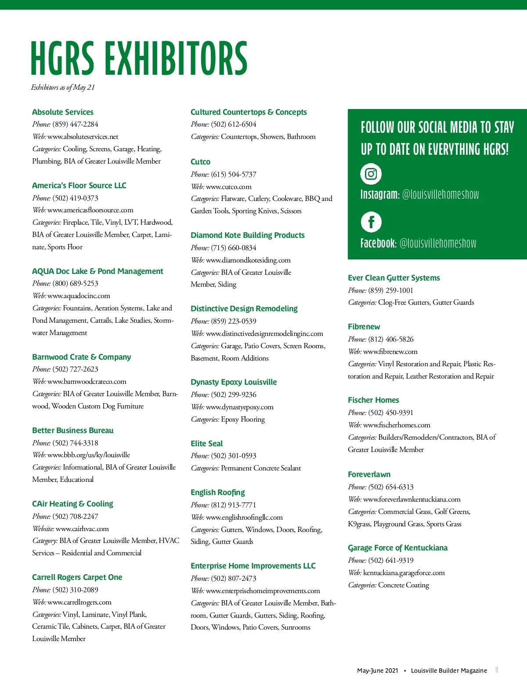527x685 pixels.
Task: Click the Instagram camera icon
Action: click(371, 174)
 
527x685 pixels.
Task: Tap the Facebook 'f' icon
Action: click(371, 222)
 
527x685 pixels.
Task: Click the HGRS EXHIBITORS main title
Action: click(139, 58)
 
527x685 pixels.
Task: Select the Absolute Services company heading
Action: click(63, 112)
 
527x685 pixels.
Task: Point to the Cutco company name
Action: click(200, 162)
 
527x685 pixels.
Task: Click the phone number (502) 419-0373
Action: click(75, 198)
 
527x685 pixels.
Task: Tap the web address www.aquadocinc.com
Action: click(79, 296)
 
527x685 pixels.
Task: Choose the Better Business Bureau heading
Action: click(72, 430)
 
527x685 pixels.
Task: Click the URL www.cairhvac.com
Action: click(82, 528)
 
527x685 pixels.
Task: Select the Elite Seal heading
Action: click(206, 444)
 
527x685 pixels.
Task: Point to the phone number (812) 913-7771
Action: click(233, 505)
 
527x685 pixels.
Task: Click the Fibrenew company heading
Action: click(364, 327)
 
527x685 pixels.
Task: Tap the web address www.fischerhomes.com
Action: click(397, 425)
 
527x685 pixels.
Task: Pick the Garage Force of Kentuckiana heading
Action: click(397, 548)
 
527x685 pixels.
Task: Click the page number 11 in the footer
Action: click(497, 670)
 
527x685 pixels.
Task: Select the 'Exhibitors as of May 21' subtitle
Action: click(63, 87)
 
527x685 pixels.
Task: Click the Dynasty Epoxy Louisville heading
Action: click(234, 382)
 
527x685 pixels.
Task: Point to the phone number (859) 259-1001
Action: click(390, 290)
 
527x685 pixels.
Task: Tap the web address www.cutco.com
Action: click(228, 186)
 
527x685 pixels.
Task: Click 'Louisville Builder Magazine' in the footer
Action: click(449, 670)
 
